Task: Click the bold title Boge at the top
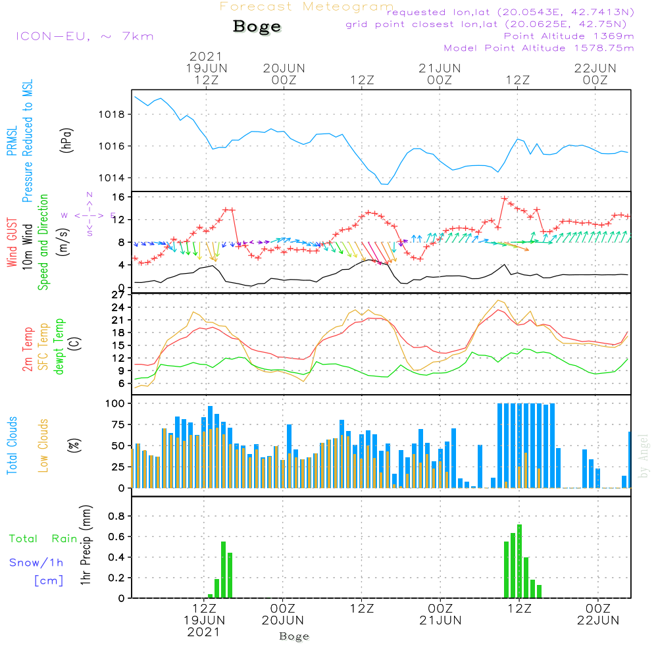[257, 27]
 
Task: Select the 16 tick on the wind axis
[118, 197]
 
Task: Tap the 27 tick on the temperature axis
[118, 294]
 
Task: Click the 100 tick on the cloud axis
[115, 403]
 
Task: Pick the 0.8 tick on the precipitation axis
[116, 516]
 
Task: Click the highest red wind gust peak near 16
[505, 198]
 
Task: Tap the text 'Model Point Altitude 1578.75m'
[538, 48]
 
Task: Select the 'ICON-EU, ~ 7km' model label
[84, 36]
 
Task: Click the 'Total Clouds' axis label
[13, 445]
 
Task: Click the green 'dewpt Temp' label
[59, 347]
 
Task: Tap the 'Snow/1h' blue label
[36, 563]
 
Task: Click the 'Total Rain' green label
[43, 538]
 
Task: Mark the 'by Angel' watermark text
[644, 456]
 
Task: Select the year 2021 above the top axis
[206, 57]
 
